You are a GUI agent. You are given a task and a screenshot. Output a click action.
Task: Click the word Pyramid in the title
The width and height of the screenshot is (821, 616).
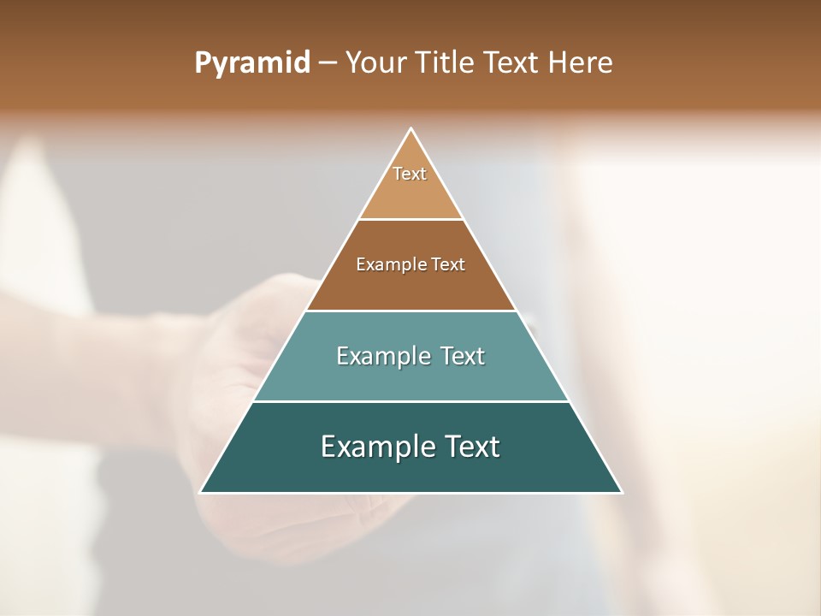[x=251, y=63]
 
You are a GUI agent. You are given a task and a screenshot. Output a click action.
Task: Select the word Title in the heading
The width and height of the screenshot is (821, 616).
[x=447, y=63]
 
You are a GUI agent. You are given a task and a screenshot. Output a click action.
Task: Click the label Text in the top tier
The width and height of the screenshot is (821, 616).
[x=410, y=174]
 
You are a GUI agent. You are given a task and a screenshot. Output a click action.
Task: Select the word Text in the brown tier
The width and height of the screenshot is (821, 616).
[x=448, y=265]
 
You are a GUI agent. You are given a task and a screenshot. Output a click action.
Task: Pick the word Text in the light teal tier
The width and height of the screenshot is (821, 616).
[x=462, y=356]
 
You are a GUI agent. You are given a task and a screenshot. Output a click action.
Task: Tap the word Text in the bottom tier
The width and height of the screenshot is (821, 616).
[x=471, y=447]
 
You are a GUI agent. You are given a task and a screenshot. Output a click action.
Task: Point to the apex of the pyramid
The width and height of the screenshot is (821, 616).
[x=411, y=129]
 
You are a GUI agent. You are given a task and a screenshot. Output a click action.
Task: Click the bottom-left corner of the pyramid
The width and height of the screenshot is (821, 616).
[x=201, y=492]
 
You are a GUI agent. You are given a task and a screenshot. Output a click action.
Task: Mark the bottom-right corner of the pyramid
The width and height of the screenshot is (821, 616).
[x=621, y=492]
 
